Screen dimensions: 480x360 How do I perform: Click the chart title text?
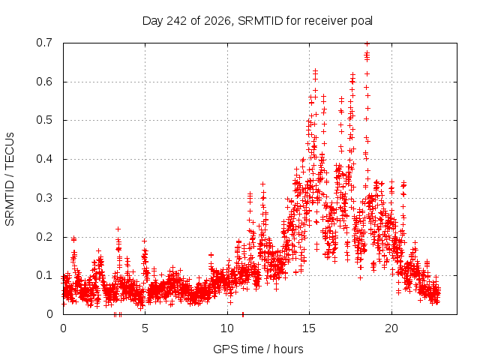tap(257, 21)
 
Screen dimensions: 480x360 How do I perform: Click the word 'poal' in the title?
tap(361, 21)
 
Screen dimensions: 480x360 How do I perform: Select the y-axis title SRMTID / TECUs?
tap(10, 179)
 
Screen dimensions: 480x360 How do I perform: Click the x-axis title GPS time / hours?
tap(258, 349)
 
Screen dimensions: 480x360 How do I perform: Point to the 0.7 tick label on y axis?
tap(44, 43)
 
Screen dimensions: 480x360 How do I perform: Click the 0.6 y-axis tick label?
tap(44, 82)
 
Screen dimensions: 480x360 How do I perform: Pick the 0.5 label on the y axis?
tap(44, 120)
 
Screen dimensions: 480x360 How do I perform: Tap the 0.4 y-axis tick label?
tap(44, 159)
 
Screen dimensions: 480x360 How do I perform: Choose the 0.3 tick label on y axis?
tap(44, 198)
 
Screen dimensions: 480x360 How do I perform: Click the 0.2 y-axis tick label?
tap(44, 237)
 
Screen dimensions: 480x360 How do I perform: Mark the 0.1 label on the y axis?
tap(44, 275)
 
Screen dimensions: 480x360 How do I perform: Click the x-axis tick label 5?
tap(145, 328)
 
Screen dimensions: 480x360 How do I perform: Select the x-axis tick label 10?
tap(227, 328)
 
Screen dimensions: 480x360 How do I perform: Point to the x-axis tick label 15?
tap(309, 328)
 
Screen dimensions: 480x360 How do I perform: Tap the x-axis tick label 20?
tap(391, 328)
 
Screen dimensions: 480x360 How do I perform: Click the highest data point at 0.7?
tap(367, 43)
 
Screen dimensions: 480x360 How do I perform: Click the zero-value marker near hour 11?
tap(243, 314)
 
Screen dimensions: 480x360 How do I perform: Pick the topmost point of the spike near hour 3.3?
tap(118, 229)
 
